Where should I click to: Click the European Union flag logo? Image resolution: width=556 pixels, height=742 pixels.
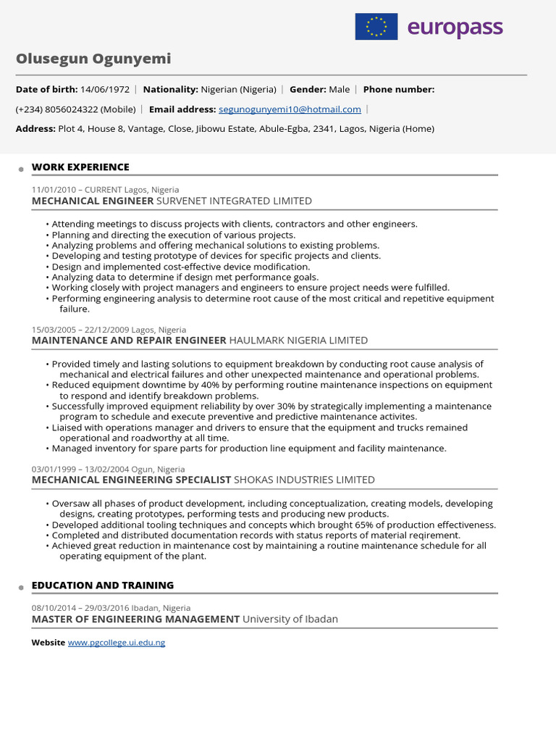click(376, 27)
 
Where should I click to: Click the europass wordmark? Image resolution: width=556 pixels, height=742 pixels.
click(455, 28)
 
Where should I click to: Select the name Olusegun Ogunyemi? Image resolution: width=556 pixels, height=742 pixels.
click(93, 59)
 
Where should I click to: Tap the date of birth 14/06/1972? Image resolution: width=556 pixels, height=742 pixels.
click(105, 89)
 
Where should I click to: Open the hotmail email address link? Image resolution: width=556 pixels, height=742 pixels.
click(290, 109)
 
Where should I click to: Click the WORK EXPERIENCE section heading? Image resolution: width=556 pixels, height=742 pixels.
click(80, 167)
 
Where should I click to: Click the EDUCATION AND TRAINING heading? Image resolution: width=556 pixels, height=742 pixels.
click(103, 585)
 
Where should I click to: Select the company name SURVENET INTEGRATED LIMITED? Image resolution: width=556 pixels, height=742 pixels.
click(234, 201)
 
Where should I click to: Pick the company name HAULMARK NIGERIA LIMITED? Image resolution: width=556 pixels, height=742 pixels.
click(298, 341)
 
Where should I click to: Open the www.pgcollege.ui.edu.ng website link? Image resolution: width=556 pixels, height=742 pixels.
click(117, 643)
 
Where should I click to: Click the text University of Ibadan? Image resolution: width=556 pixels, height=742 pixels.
click(290, 620)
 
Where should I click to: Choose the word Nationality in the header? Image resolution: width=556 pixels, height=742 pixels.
click(170, 89)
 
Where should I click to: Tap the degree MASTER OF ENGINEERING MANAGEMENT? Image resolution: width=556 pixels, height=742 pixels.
click(135, 620)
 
